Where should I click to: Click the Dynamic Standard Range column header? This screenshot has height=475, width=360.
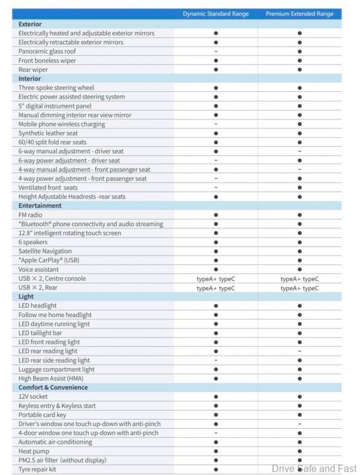click(215, 14)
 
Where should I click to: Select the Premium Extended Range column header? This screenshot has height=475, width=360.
click(299, 14)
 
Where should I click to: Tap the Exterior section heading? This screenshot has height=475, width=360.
click(30, 24)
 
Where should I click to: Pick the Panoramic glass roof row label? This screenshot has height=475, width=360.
click(47, 52)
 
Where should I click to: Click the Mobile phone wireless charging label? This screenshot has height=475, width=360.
click(62, 124)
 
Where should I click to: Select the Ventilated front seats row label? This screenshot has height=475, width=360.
click(48, 188)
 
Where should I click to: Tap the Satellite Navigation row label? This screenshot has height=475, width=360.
click(45, 251)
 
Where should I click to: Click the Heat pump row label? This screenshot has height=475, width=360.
click(34, 451)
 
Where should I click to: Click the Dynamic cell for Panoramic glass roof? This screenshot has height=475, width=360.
click(215, 52)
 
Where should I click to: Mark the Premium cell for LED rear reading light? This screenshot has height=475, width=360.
click(299, 351)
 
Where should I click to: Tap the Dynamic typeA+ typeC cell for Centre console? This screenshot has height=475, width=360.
click(215, 279)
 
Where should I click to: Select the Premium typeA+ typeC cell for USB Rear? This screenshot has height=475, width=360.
click(299, 288)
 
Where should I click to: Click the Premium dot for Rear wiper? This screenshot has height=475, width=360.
click(299, 70)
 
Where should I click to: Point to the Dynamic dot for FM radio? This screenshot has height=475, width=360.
click(215, 215)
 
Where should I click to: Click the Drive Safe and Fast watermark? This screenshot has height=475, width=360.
click(314, 468)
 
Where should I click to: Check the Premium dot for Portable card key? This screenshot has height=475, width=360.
click(299, 415)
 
